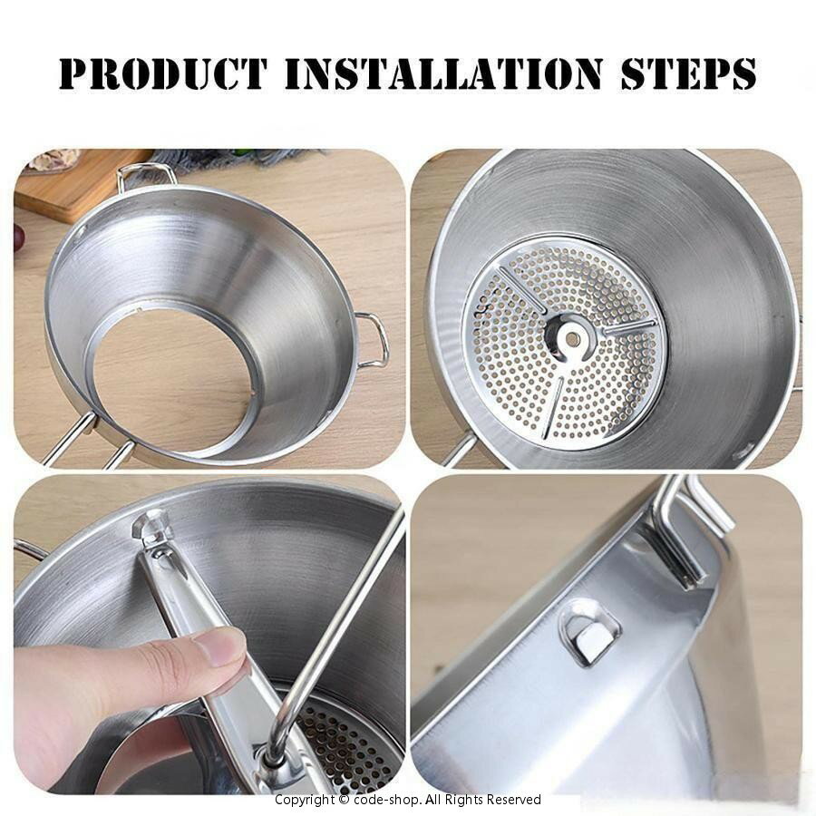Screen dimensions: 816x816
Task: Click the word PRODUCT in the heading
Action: coord(163,74)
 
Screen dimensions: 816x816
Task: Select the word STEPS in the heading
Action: coord(688,74)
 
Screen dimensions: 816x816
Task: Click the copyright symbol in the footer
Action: coord(344,800)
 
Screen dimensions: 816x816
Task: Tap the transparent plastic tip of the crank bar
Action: coord(149,527)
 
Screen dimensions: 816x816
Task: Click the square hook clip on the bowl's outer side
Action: coord(589,634)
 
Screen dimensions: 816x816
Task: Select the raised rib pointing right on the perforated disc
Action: coord(628,328)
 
